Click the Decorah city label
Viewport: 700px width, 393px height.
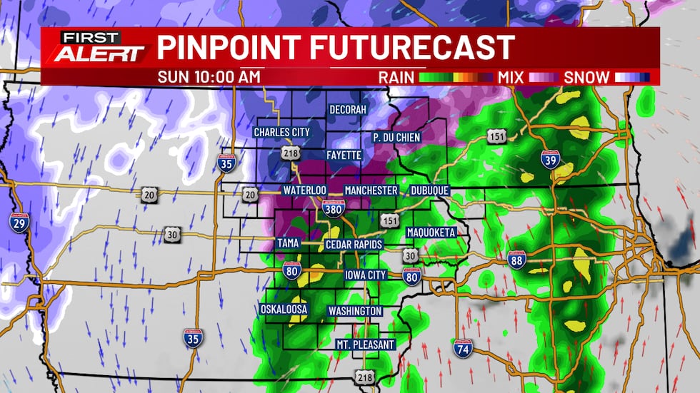click(x=347, y=110)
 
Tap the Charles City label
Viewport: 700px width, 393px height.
click(x=282, y=132)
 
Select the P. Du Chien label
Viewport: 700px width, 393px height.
click(x=396, y=137)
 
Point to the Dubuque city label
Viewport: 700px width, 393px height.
click(x=429, y=191)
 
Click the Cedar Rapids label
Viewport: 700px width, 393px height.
click(x=354, y=245)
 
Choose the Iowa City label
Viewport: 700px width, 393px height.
click(x=366, y=275)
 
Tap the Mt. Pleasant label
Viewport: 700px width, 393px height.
click(x=365, y=345)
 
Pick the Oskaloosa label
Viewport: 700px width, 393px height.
click(x=284, y=310)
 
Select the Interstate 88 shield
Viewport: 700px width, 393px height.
click(x=516, y=260)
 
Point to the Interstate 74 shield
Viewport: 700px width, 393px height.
click(x=462, y=348)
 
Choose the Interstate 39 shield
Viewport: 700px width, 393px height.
click(x=550, y=161)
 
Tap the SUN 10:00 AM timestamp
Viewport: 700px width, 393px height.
click(x=209, y=77)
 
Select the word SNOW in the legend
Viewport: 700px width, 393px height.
click(x=587, y=77)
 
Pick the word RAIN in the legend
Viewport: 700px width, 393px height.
click(x=396, y=77)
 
